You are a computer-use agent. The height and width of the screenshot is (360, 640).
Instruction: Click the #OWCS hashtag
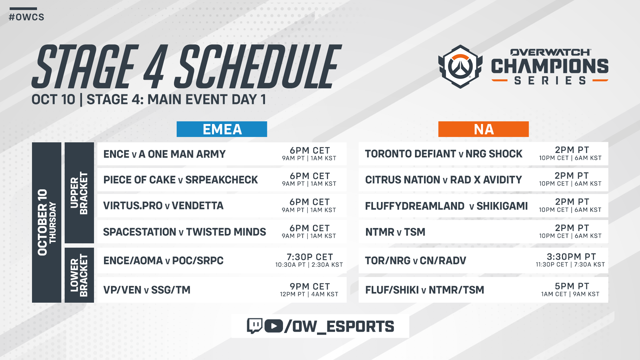26,17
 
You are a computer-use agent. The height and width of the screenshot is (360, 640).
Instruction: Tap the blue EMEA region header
222,129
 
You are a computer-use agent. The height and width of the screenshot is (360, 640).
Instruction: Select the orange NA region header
483,129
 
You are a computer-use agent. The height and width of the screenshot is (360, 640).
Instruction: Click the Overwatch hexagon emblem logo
460,67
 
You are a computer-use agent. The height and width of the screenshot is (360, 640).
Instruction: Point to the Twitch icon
255,326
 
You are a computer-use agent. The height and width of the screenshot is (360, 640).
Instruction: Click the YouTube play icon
274,326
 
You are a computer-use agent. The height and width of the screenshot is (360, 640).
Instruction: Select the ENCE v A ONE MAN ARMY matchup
164,154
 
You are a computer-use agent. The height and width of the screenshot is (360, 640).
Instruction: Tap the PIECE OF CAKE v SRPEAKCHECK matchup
180,180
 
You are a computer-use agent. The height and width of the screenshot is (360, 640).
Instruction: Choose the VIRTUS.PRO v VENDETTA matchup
163,206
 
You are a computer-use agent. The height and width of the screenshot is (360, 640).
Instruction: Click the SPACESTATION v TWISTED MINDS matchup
184,232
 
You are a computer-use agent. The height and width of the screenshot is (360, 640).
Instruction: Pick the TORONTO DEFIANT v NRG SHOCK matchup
444,154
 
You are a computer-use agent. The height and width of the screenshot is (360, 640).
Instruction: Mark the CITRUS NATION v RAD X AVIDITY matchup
443,180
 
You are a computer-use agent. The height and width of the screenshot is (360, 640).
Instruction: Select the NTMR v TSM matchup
395,232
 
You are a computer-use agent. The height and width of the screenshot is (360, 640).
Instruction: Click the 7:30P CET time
310,257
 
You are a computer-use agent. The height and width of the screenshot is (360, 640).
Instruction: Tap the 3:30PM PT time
571,256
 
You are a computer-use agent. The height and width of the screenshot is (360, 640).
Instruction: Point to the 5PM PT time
572,286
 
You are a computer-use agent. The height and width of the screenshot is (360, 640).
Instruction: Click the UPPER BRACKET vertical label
79,193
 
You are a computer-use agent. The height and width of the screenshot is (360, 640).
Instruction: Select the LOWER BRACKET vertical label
79,275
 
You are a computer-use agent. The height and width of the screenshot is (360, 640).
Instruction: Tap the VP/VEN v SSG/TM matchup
147,290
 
